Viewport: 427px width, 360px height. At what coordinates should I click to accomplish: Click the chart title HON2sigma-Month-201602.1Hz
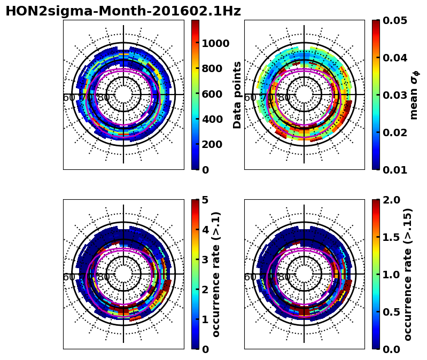[123, 11]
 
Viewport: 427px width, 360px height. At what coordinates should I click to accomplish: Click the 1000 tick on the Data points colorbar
[215, 43]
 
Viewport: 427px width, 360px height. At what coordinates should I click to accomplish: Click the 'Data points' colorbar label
[237, 95]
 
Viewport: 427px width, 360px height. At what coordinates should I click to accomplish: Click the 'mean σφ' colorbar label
[414, 95]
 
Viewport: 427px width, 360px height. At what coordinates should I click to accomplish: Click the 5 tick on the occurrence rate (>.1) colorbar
[205, 200]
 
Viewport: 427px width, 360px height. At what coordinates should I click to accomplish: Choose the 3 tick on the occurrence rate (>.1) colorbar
[205, 260]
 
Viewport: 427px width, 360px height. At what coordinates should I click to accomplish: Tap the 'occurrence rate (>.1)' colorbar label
[216, 274]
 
